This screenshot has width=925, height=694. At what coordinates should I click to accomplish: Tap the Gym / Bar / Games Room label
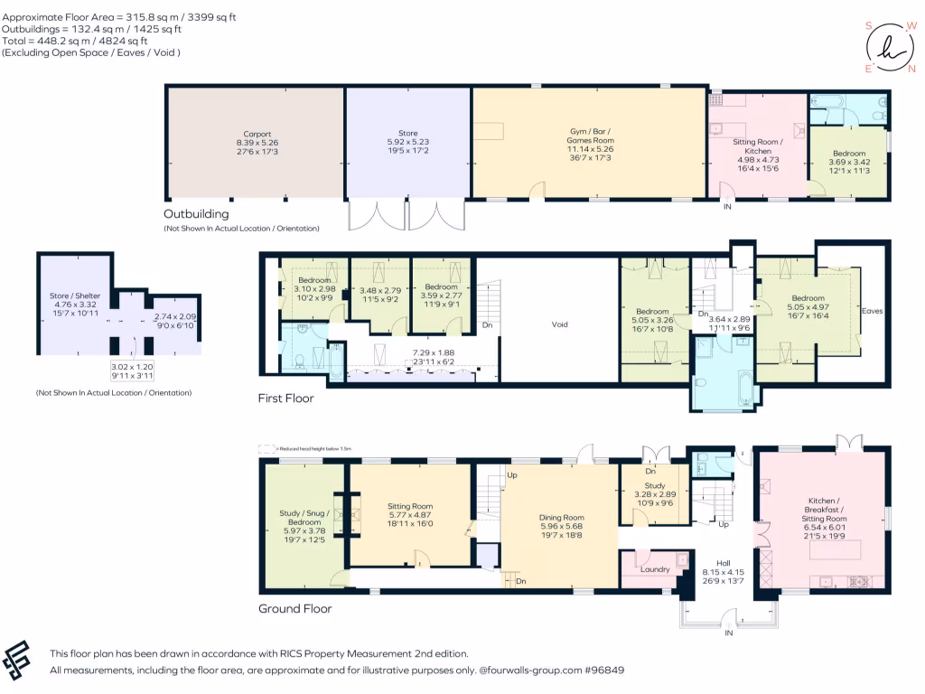click(x=589, y=140)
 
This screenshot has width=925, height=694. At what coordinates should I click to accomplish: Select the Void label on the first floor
click(x=560, y=324)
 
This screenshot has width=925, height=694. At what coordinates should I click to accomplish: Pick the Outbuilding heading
click(x=196, y=214)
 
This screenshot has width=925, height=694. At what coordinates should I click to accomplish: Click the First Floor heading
click(x=286, y=398)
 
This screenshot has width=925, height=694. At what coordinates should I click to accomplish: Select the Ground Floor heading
click(x=294, y=608)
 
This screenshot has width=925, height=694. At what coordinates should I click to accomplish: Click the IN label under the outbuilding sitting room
click(x=727, y=207)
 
